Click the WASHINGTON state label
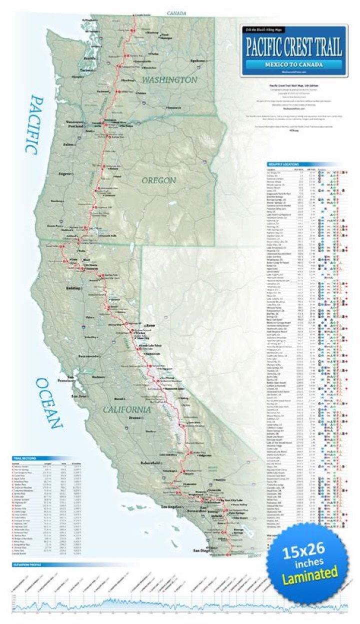point(169,80)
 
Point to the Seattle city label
point(90,58)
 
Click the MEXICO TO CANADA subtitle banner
point(293,65)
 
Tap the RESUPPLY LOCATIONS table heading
point(285,164)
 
